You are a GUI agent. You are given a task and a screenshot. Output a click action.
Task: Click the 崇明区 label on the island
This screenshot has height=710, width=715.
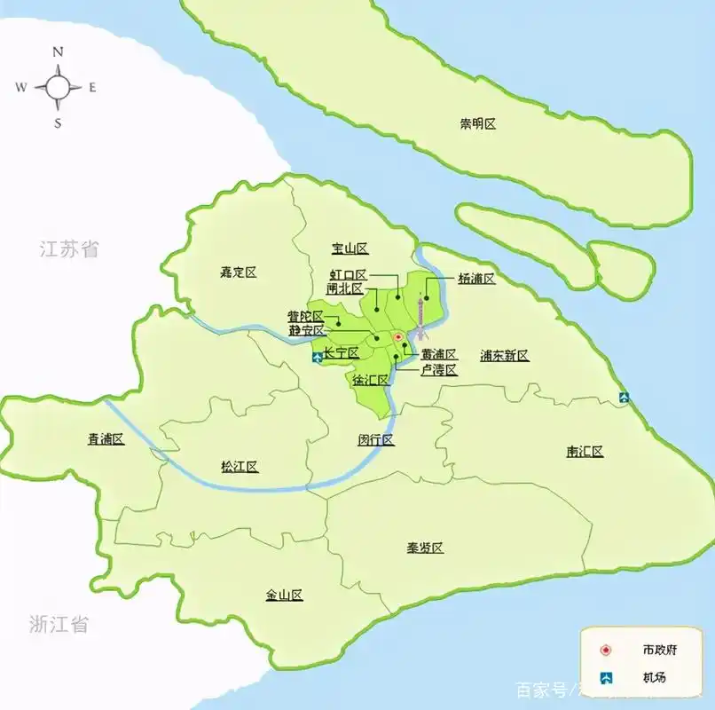477,124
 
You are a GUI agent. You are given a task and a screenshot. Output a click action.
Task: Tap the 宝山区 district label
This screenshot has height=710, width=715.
350,248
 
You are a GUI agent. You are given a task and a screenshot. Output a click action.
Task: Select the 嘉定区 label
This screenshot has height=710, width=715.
238,272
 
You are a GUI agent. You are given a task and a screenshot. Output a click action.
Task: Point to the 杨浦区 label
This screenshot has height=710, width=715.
476,279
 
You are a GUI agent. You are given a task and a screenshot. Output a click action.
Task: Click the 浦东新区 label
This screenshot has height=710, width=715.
504,356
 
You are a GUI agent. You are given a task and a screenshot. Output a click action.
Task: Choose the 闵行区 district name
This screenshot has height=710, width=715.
375,440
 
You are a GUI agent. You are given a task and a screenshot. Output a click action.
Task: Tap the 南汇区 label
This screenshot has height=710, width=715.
585,452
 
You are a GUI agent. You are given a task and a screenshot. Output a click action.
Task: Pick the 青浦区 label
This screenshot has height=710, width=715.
106,439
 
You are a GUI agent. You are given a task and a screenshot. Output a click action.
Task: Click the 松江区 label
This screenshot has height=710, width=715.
240,467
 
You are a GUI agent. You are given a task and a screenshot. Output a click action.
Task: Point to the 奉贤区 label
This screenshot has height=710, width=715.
425,548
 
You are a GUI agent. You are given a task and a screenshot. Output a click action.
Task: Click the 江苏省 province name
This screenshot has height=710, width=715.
69,249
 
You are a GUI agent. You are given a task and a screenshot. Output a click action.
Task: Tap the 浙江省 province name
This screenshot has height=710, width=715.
59,624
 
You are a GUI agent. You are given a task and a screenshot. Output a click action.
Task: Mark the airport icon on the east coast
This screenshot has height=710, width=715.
625,398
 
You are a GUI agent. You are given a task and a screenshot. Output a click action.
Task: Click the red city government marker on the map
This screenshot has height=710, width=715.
398,337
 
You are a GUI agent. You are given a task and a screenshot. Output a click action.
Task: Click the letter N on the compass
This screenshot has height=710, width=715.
59,52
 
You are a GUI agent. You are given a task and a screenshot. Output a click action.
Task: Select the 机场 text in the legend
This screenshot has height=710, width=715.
655,678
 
